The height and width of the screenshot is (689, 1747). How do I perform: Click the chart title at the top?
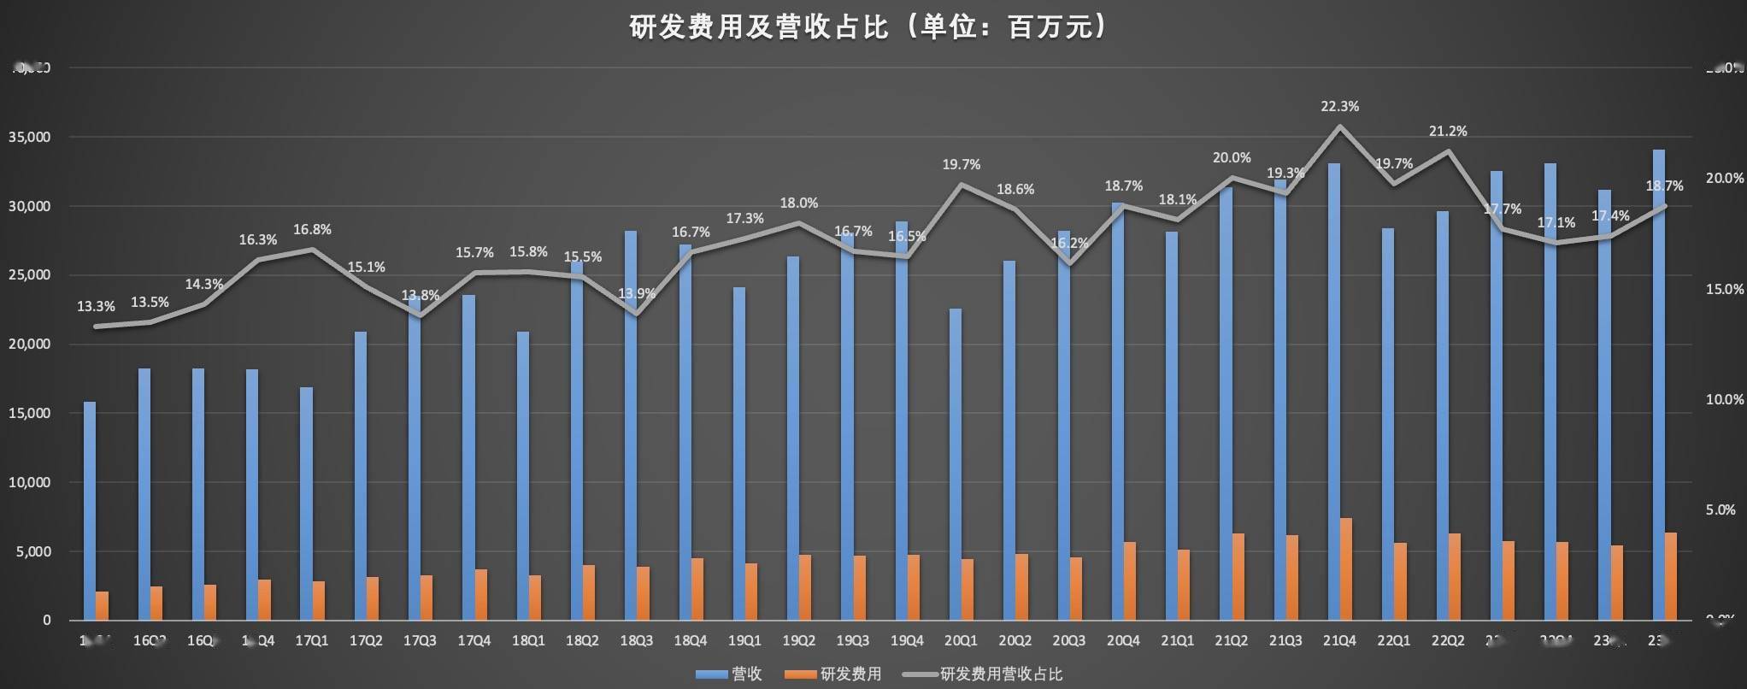868,27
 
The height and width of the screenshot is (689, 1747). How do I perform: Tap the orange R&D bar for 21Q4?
1346,568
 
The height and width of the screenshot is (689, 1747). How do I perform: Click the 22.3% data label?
1339,107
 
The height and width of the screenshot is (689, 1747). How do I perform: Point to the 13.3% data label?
96,306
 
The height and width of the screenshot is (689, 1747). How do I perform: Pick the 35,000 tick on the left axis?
30,137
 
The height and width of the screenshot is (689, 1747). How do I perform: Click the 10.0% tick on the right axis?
1724,399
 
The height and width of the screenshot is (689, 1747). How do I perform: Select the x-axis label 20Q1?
961,640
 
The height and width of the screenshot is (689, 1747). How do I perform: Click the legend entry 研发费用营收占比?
1000,674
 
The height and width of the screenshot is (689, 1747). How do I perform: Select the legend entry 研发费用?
850,674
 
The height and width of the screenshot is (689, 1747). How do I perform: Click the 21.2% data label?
1448,132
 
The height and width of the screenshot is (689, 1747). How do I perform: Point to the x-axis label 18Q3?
636,640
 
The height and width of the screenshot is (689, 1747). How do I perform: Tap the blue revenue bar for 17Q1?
306,503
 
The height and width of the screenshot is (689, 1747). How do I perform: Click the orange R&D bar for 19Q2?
805,587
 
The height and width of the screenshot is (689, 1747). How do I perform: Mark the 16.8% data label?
312,230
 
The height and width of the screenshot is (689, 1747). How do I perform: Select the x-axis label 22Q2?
1448,640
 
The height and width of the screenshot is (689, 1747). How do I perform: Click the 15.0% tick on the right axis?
1724,289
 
